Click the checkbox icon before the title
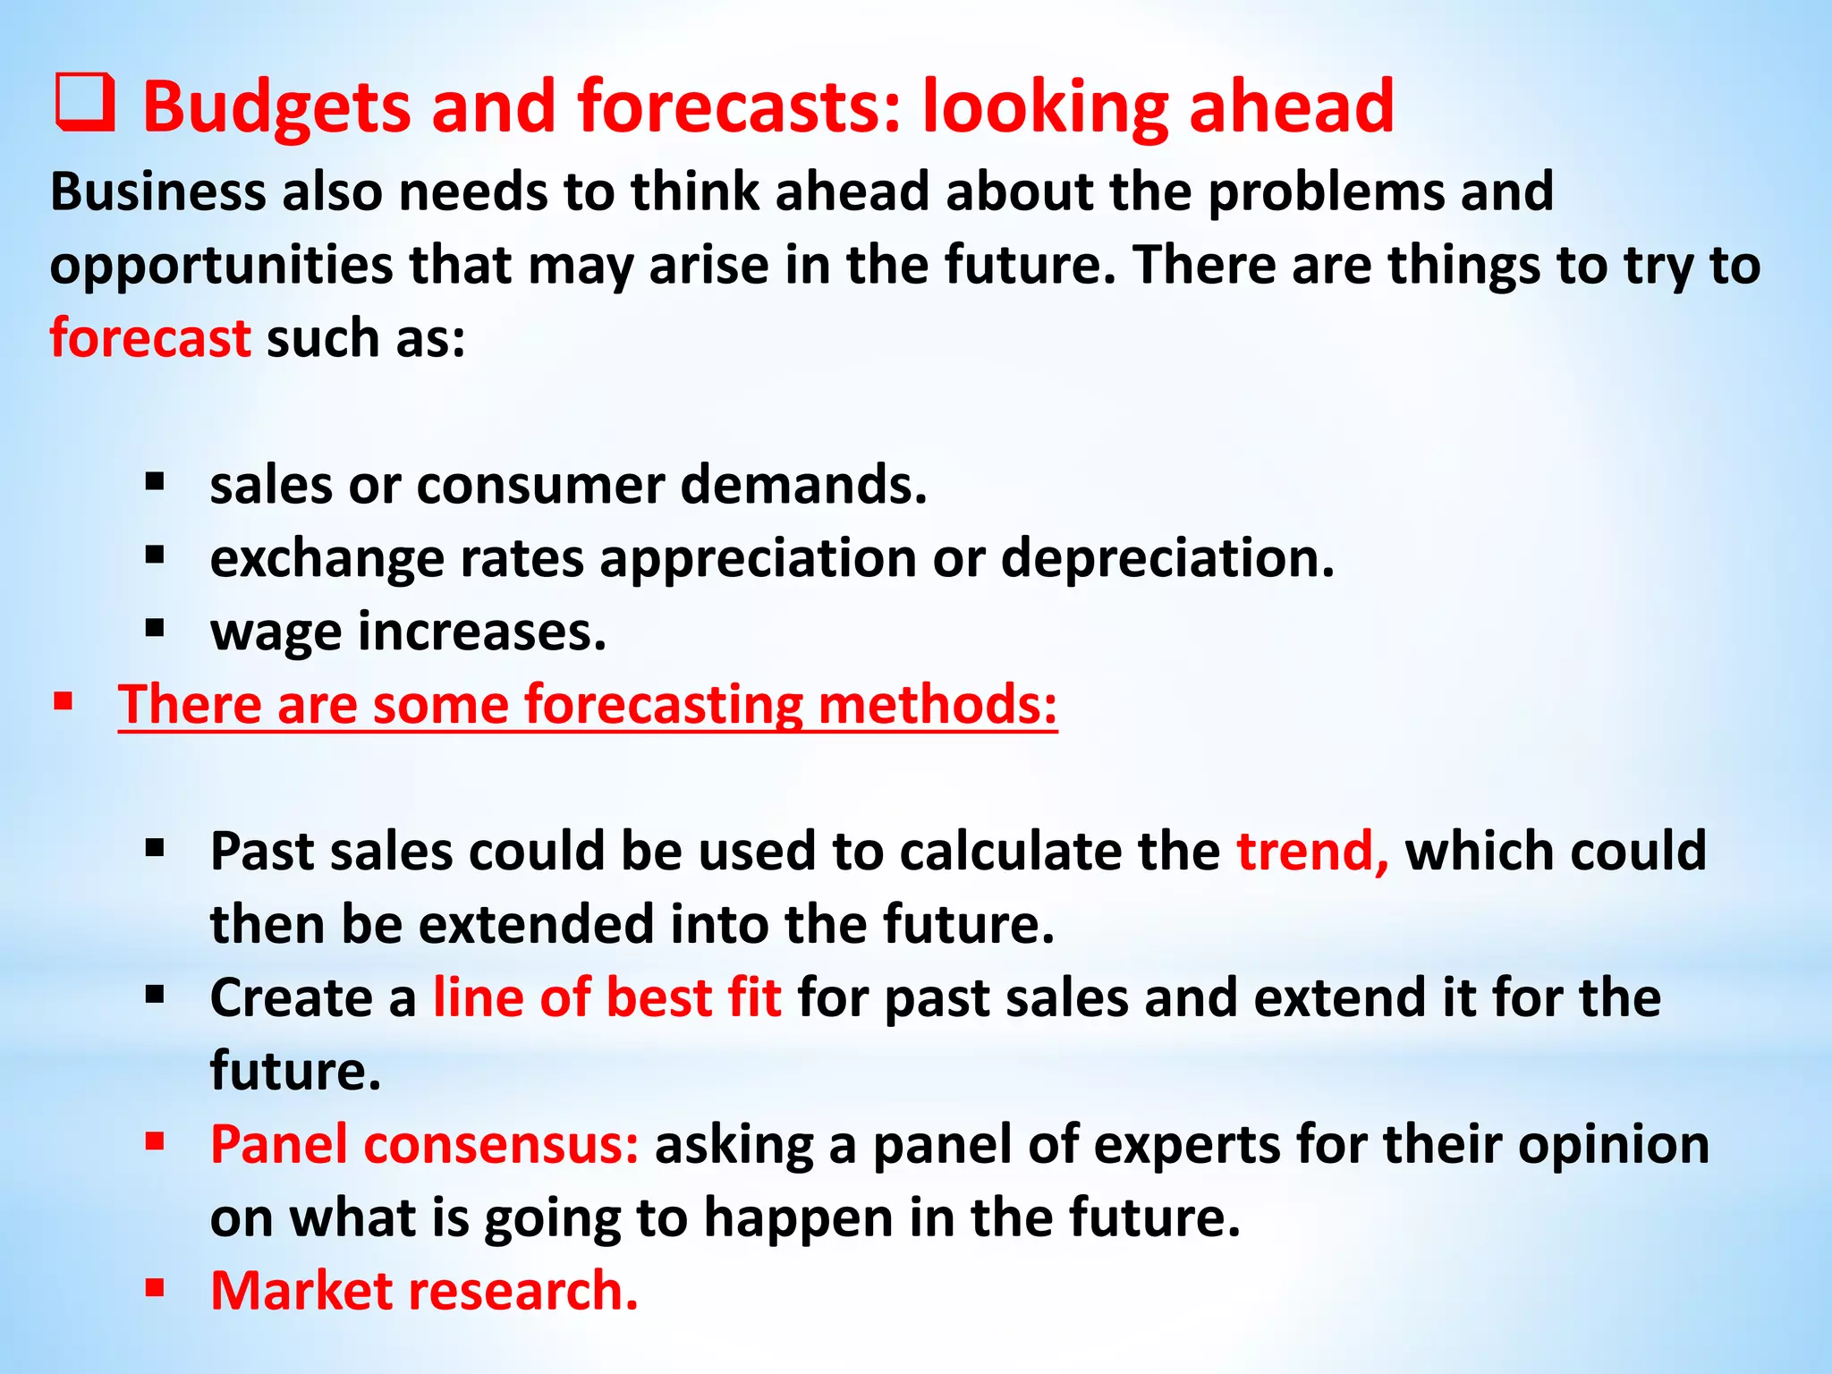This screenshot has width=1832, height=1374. click(x=85, y=104)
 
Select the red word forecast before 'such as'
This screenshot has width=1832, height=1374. click(x=150, y=339)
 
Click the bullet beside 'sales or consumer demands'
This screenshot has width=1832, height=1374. click(x=156, y=483)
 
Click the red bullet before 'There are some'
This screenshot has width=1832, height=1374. click(x=63, y=701)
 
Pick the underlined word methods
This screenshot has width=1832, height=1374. click(x=937, y=705)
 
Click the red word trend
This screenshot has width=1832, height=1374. click(x=1311, y=851)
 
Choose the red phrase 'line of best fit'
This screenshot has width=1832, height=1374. click(x=607, y=997)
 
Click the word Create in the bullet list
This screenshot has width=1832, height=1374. click(x=291, y=997)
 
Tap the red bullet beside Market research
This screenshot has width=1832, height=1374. click(x=156, y=1288)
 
